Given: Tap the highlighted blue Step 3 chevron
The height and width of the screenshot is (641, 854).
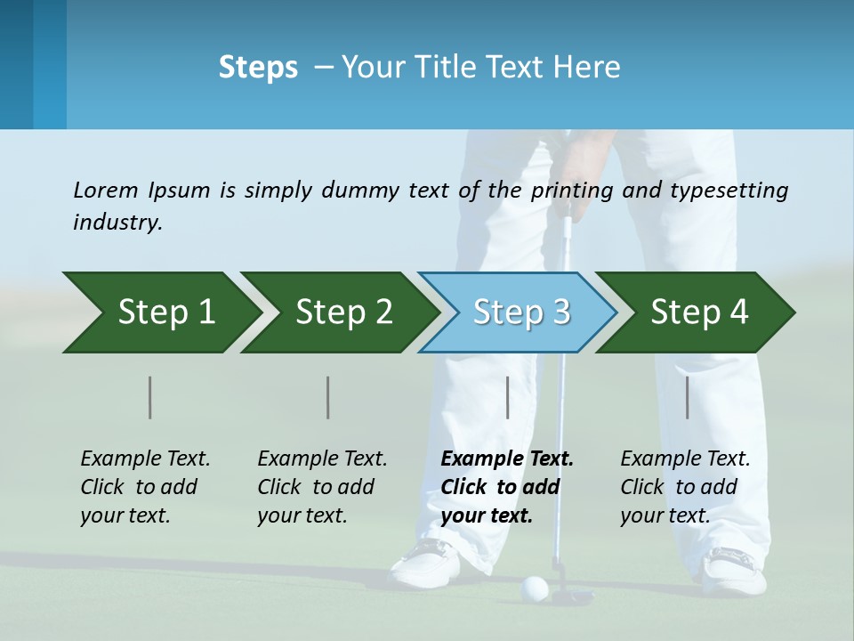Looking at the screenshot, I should [x=521, y=312].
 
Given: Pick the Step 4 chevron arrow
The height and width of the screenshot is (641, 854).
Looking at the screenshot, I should [x=699, y=312].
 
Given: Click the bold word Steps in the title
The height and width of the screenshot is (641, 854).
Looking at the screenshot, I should [x=258, y=68].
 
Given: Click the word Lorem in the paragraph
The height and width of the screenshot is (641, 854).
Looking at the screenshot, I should [x=105, y=190].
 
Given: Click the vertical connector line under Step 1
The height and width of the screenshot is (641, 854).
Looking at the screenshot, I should [x=149, y=397].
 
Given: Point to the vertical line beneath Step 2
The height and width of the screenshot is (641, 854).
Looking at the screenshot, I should [x=327, y=397].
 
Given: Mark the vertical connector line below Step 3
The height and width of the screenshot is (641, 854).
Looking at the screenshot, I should [x=507, y=397].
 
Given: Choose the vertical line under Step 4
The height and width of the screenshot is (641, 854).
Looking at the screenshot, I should [x=687, y=397].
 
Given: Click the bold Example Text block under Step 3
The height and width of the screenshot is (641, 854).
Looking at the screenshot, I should [x=505, y=487].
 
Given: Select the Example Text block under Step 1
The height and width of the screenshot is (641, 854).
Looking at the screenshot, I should [x=144, y=487].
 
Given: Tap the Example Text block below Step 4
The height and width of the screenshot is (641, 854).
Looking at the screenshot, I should [x=684, y=487].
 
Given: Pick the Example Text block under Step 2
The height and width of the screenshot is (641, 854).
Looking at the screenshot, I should [x=321, y=487].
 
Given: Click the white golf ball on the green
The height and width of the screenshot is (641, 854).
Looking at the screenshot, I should [x=534, y=587].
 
